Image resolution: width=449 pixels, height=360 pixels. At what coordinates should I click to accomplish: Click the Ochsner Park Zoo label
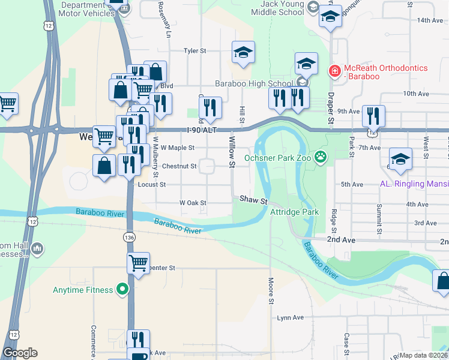pyautogui.click(x=279, y=158)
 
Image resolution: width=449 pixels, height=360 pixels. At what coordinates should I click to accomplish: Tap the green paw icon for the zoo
pyautogui.click(x=322, y=158)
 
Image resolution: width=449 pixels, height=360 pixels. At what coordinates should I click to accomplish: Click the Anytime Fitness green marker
pyautogui.click(x=123, y=290)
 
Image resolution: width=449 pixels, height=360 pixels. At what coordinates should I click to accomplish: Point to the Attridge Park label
pyautogui.click(x=294, y=212)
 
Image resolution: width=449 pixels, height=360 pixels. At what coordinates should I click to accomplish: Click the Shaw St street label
pyautogui.click(x=253, y=200)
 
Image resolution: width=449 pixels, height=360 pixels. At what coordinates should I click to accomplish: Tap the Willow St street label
pyautogui.click(x=232, y=148)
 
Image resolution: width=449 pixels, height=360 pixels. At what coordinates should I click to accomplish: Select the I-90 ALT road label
pyautogui.click(x=201, y=130)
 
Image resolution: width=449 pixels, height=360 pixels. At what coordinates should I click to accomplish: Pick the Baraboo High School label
pyautogui.click(x=255, y=83)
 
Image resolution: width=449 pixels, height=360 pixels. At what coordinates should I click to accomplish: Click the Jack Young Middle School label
pyautogui.click(x=277, y=7)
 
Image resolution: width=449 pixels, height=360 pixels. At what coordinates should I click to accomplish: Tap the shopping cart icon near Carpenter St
pyautogui.click(x=138, y=263)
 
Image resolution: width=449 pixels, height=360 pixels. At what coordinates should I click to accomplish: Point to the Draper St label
pyautogui.click(x=330, y=109)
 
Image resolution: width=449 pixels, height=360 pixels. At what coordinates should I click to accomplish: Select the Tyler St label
pyautogui.click(x=194, y=51)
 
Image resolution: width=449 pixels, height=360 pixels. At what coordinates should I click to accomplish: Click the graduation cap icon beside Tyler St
pyautogui.click(x=243, y=53)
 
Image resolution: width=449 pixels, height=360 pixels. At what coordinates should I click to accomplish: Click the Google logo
pyautogui.click(x=20, y=353)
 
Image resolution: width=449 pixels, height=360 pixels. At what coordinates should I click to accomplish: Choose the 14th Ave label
pyautogui.click(x=430, y=20)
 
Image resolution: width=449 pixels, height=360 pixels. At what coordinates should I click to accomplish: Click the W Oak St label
pyautogui.click(x=193, y=203)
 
